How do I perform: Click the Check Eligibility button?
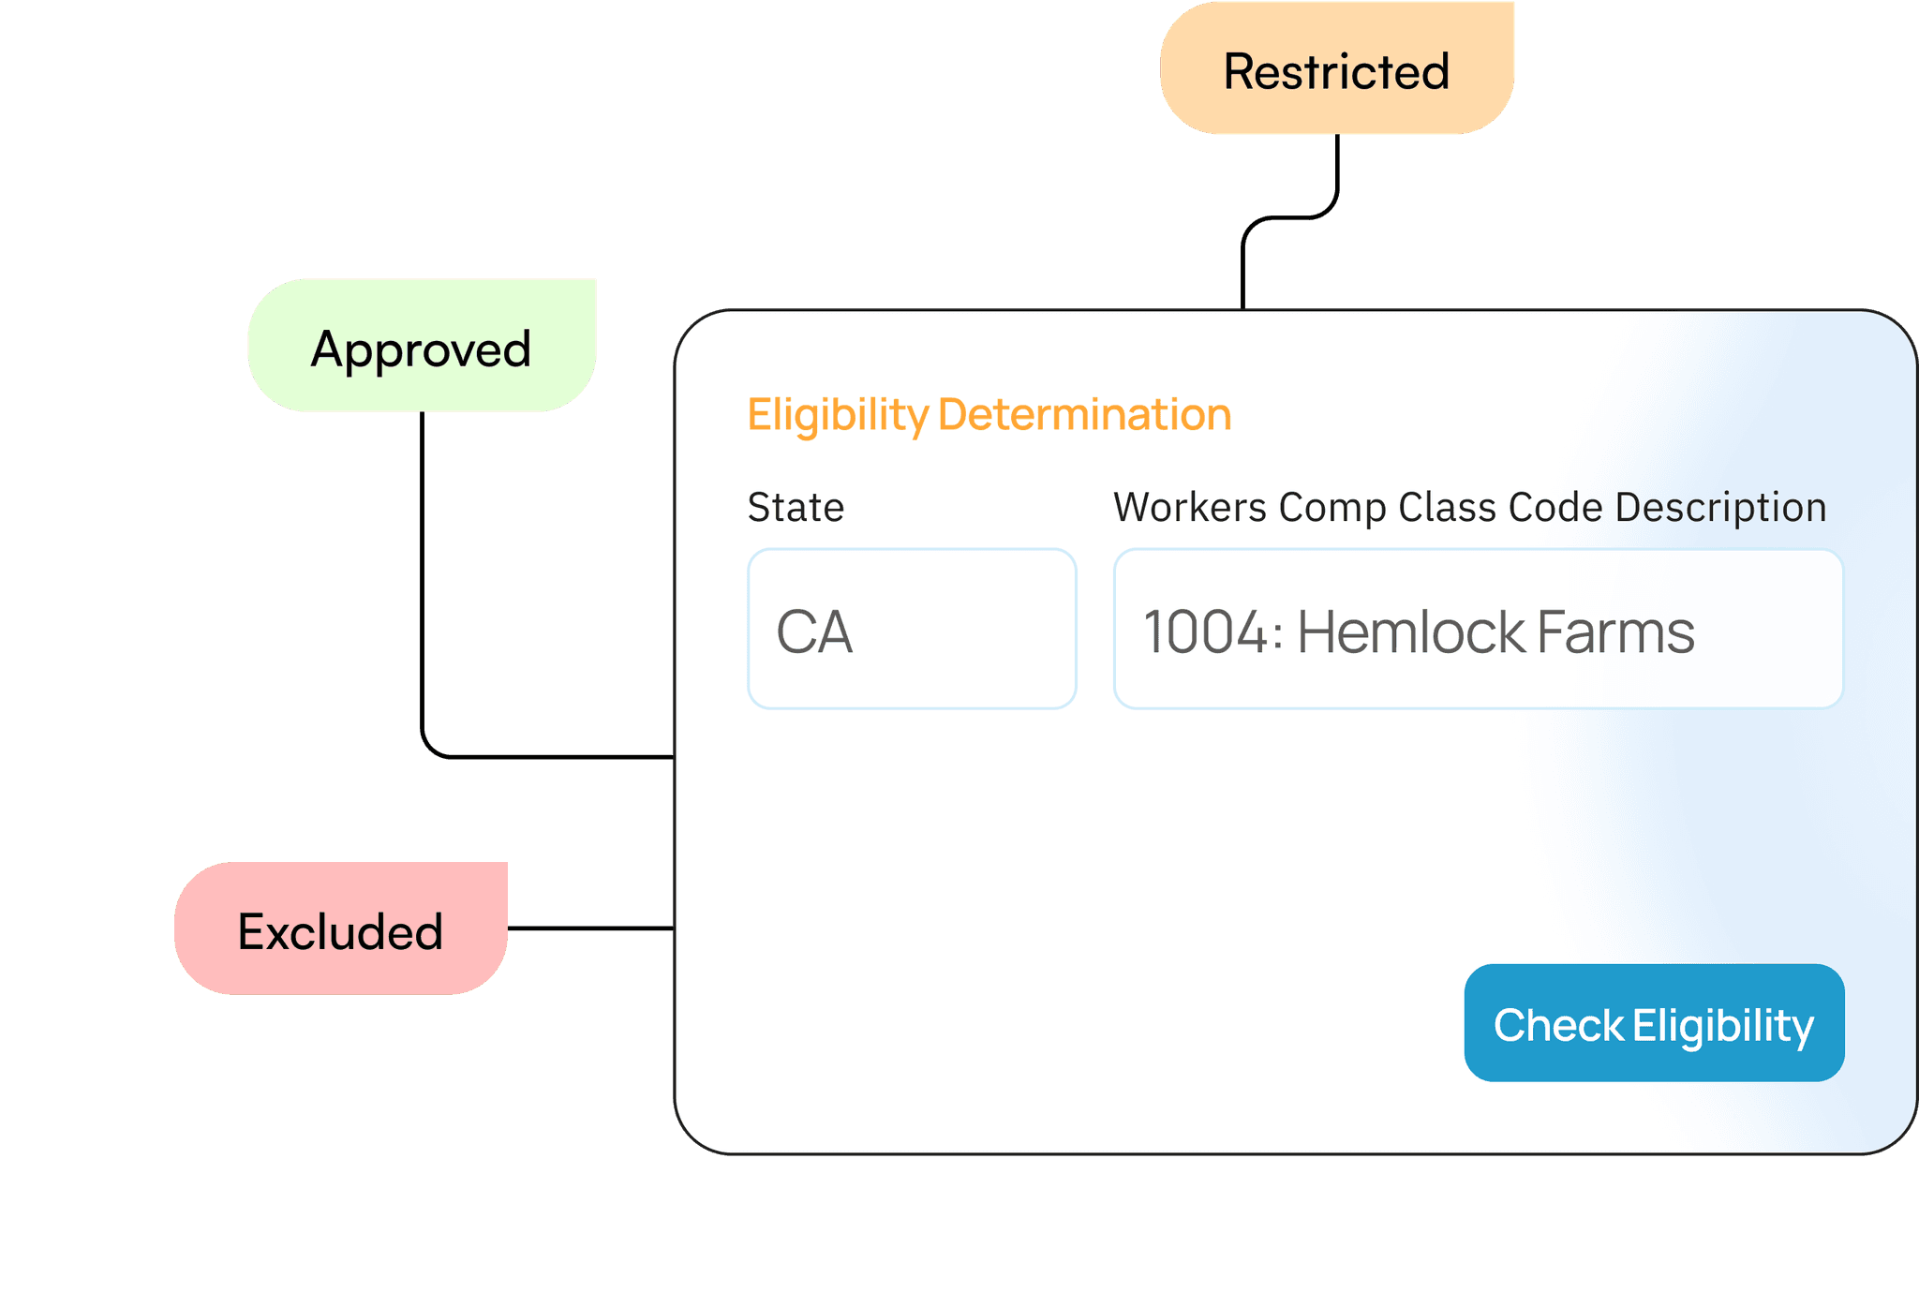point(1654,1023)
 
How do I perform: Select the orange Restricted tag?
point(1336,69)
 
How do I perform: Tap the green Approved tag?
point(422,347)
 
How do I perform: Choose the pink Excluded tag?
point(341,929)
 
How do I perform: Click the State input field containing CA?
point(911,629)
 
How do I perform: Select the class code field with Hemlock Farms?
point(1478,629)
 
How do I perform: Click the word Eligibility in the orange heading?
point(837,414)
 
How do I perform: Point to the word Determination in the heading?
point(1084,414)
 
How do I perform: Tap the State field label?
point(796,507)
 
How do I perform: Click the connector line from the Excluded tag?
point(590,928)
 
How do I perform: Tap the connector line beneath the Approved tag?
point(423,581)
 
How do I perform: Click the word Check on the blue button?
point(1558,1025)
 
